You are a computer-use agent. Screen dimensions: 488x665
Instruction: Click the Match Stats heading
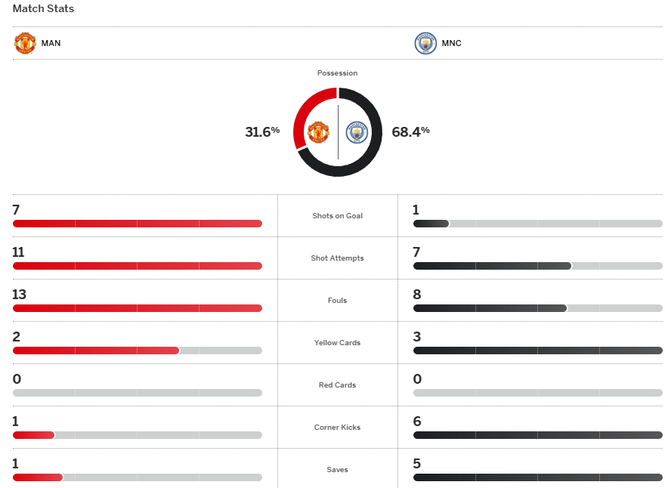[x=43, y=9]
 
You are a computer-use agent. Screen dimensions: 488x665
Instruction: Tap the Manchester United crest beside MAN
[x=25, y=43]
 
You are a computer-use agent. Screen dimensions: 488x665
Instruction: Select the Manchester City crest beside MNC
[x=425, y=43]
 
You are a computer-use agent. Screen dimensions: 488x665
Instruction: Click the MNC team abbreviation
[x=452, y=43]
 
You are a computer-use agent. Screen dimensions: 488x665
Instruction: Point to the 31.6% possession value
[x=262, y=131]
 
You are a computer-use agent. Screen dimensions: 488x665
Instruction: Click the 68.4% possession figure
[x=410, y=131]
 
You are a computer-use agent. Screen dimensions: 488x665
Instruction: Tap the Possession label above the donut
[x=337, y=73]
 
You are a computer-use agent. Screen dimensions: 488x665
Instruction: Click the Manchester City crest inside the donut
[x=356, y=133]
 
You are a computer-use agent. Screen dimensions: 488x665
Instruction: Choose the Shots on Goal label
[x=337, y=216]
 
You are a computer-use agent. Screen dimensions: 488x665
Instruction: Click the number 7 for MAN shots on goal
[x=16, y=210]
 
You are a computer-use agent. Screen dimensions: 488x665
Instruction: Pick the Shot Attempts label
[x=337, y=258]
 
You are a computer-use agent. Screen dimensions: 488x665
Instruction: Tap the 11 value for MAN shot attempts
[x=18, y=252]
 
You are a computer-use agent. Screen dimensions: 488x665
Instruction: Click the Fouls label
[x=337, y=301]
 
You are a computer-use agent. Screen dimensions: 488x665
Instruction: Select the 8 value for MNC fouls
[x=417, y=295]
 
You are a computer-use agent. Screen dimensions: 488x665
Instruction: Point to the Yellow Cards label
[x=337, y=343]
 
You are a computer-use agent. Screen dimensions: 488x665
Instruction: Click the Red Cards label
[x=337, y=385]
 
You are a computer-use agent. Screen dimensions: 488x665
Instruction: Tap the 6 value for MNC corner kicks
[x=417, y=422]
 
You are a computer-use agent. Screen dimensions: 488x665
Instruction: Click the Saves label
[x=337, y=470]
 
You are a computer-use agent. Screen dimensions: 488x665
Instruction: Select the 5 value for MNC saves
[x=417, y=464]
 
